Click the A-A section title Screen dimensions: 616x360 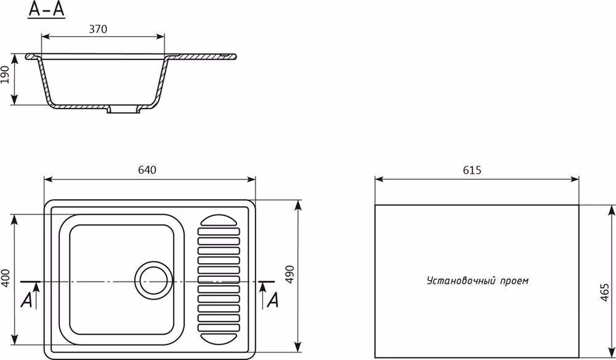point(47,10)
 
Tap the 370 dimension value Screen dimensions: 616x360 point(98,29)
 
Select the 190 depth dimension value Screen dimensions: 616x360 point(5,75)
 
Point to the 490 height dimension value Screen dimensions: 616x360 point(290,275)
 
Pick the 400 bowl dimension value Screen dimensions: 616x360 point(5,278)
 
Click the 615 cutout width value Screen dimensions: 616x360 point(472,170)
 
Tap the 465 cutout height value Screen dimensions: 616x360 point(604,292)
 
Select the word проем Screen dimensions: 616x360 point(514,281)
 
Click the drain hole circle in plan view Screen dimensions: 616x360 point(154,281)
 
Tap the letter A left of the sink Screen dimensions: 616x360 point(27,301)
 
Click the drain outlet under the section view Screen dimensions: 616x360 point(124,109)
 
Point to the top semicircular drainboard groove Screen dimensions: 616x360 point(219,220)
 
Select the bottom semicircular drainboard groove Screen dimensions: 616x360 point(219,339)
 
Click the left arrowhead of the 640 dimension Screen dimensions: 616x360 point(48,179)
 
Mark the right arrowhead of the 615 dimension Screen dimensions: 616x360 point(574,179)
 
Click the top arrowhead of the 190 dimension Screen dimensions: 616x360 point(14,59)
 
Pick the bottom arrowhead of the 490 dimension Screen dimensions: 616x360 point(298,348)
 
